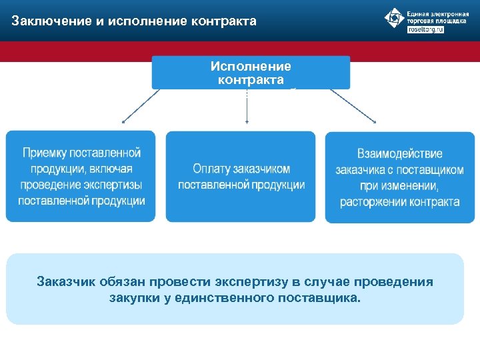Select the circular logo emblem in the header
click(394, 19)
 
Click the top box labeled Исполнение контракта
click(251, 73)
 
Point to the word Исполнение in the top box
click(251, 67)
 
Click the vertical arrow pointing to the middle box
click(247, 107)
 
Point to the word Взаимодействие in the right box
click(399, 154)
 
